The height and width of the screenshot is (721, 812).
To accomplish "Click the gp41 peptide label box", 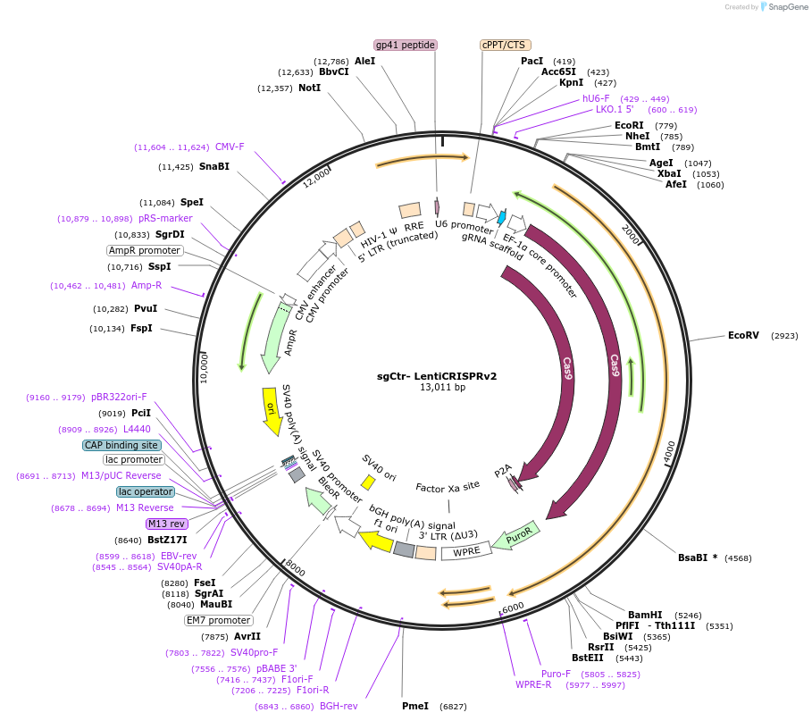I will pos(405,45).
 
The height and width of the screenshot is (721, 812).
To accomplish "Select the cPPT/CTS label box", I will pos(505,45).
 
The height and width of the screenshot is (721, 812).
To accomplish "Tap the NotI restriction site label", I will pos(309,88).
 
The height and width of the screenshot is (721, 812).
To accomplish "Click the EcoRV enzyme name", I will pos(743,335).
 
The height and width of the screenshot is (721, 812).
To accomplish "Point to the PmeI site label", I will pos(415,706).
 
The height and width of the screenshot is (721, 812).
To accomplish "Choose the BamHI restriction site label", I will pos(645,615).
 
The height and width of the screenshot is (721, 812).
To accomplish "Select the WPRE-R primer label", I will pos(533,684).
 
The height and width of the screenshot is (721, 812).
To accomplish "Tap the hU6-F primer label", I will pos(596,98).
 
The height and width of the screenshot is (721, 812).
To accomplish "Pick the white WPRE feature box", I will pos(466,552).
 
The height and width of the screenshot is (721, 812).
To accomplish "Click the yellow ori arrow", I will pos(272,411).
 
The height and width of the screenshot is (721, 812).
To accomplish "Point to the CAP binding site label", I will pos(121,445).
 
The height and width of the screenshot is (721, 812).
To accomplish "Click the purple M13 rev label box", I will pos(167,524).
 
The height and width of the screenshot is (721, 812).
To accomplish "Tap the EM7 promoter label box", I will pos(219,620).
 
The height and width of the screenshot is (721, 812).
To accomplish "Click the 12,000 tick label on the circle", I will pos(316,179).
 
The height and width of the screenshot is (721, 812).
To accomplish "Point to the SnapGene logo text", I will pos(785,6).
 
